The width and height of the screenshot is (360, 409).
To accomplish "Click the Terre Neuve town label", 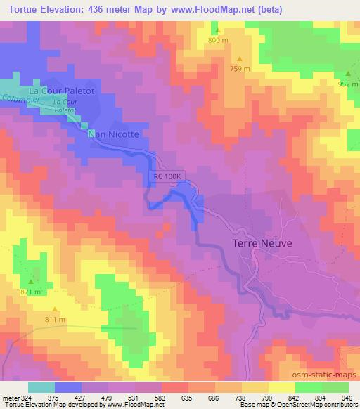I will pyautogui.click(x=262, y=243).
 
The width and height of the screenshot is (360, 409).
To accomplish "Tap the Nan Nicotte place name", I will pyautogui.click(x=113, y=133).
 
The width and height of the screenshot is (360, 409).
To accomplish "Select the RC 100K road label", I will pyautogui.click(x=168, y=179).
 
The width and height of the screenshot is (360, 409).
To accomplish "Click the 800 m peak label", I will pyautogui.click(x=218, y=40).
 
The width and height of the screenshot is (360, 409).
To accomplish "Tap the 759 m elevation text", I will pyautogui.click(x=240, y=69).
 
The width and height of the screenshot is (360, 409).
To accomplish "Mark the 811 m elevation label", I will pyautogui.click(x=55, y=320).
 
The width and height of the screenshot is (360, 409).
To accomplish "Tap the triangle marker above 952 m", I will pyautogui.click(x=348, y=74).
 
